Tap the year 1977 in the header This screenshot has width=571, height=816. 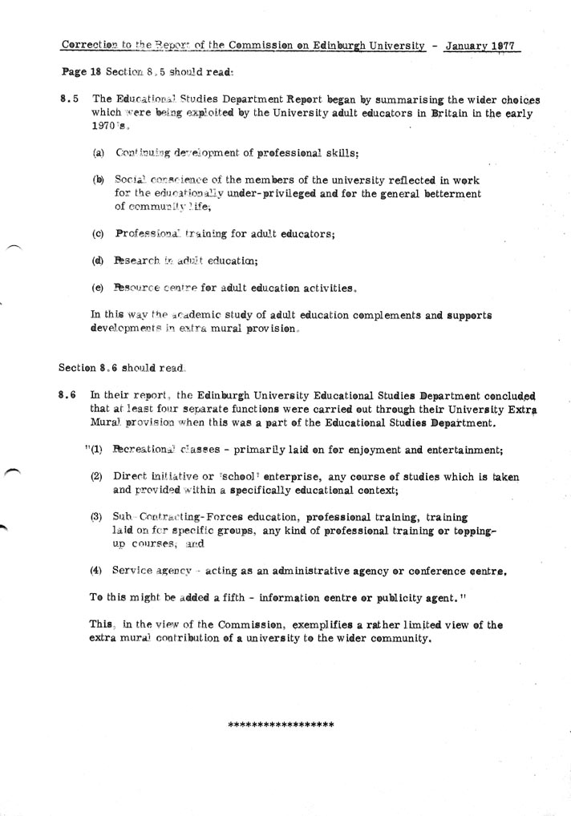coord(504,46)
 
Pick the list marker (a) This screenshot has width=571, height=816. coord(99,153)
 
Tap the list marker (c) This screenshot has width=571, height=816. coord(99,234)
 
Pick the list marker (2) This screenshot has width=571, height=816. coord(96,476)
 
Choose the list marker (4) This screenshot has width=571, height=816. coord(96,572)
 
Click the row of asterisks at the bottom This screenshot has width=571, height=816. coord(281,725)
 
